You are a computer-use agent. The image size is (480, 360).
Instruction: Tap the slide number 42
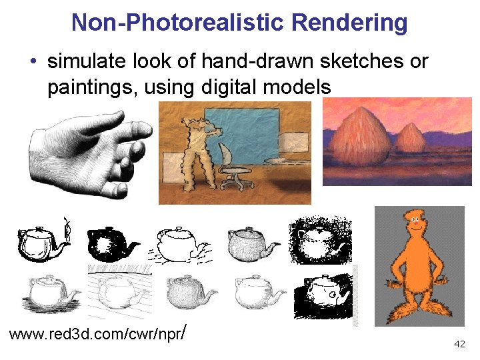[x=459, y=344]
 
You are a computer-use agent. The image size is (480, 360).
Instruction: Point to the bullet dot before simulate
[x=33, y=62]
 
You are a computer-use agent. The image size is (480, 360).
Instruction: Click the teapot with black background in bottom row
[x=325, y=293]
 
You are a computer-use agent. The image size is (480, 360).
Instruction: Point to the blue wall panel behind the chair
[x=247, y=133]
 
